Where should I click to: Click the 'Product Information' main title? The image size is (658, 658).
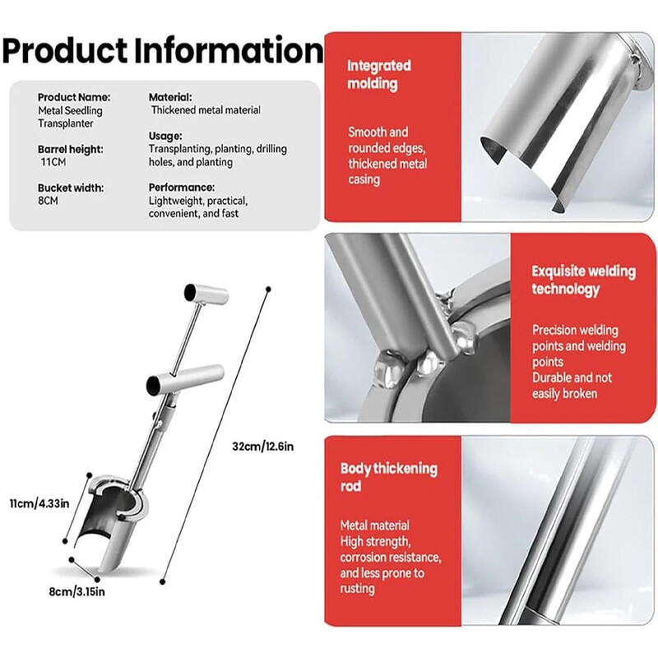(x=163, y=51)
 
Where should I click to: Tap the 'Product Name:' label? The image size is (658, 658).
(x=74, y=97)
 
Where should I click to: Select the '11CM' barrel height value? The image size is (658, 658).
(x=53, y=162)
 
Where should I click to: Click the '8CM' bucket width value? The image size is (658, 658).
(x=48, y=201)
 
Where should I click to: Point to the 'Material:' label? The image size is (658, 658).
(x=170, y=97)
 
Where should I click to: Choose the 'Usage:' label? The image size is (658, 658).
(x=165, y=136)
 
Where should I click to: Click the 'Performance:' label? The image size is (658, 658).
(x=181, y=188)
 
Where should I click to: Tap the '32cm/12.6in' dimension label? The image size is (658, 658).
(x=262, y=446)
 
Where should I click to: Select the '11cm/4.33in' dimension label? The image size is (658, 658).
(x=39, y=503)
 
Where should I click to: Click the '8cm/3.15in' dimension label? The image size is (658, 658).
(x=76, y=591)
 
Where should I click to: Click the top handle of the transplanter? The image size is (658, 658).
(x=206, y=294)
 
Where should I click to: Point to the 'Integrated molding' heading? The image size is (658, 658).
(x=379, y=75)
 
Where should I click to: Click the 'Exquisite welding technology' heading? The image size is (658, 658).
(x=584, y=280)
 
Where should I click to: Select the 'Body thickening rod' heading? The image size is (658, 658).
(x=388, y=477)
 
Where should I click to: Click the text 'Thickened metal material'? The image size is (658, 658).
(x=206, y=110)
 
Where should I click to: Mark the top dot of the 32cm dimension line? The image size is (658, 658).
(x=268, y=290)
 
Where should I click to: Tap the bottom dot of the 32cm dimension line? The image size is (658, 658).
(x=162, y=582)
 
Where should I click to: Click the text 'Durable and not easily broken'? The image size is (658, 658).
(x=572, y=386)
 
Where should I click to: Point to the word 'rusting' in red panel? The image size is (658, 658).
(x=357, y=589)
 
